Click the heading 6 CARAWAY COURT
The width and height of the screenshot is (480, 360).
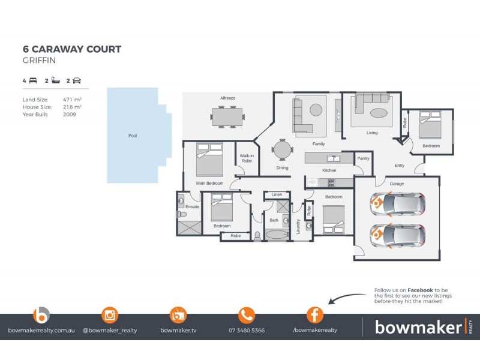tap(71, 49)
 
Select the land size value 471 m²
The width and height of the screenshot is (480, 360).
tap(72, 99)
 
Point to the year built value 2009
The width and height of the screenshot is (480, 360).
tap(69, 113)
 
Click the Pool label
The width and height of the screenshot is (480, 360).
tap(133, 136)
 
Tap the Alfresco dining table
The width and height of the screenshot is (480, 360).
tap(227, 116)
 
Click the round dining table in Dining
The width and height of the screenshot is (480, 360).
tap(282, 149)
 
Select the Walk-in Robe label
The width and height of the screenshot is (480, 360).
tap(247, 159)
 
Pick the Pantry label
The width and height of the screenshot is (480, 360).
tap(362, 158)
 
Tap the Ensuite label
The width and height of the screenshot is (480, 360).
tap(192, 207)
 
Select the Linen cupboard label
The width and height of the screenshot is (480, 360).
tap(277, 194)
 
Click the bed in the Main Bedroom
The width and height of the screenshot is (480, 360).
tap(209, 158)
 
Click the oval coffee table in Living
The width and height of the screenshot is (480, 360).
tap(379, 113)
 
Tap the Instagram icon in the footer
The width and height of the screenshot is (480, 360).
tap(110, 314)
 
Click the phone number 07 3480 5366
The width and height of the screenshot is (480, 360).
tap(247, 331)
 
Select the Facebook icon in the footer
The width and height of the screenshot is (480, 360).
tap(315, 314)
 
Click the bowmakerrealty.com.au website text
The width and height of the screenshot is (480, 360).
tap(41, 331)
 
